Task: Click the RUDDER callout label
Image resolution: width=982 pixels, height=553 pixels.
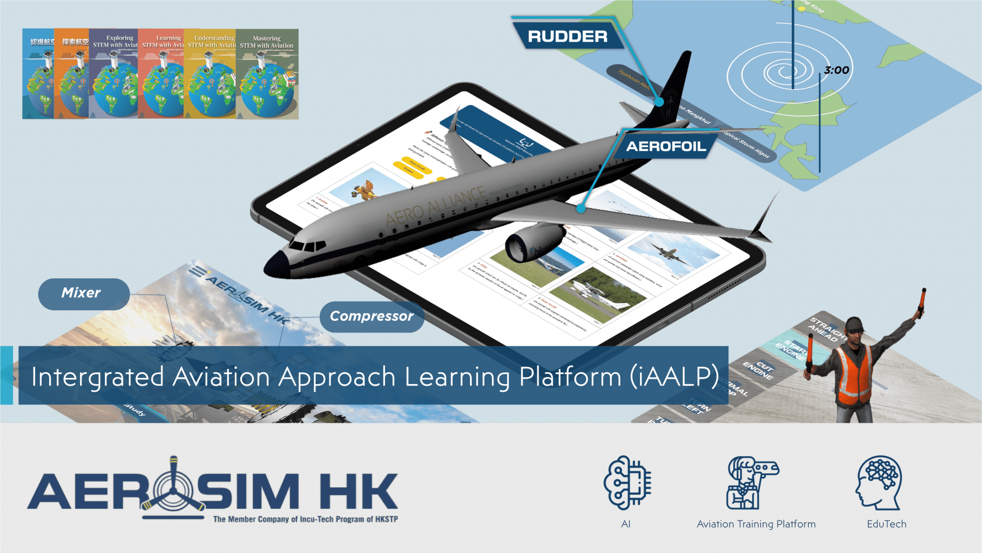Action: point(567,36)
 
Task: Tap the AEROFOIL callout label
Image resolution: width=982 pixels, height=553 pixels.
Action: point(666,146)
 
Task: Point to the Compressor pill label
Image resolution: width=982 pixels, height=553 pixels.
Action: point(372,317)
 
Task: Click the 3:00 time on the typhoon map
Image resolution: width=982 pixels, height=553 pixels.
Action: point(836,71)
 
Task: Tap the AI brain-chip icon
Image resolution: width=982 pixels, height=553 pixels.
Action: point(627,482)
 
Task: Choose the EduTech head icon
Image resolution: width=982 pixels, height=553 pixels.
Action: point(879,482)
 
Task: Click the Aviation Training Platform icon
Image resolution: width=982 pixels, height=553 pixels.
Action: point(750,482)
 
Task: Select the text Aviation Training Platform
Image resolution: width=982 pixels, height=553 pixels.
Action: point(756,524)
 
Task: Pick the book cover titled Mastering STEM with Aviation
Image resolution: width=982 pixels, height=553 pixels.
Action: point(267,74)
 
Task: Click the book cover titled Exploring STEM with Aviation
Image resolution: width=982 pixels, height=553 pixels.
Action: point(114,74)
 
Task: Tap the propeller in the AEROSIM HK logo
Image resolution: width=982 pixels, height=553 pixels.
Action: point(173,489)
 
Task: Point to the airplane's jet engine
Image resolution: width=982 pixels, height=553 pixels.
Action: point(532,245)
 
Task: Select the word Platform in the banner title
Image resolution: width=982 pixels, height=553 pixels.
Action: point(570,377)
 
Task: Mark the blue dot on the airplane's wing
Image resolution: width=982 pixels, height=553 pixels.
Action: point(581,209)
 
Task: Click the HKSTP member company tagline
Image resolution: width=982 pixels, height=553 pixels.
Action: point(305,519)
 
